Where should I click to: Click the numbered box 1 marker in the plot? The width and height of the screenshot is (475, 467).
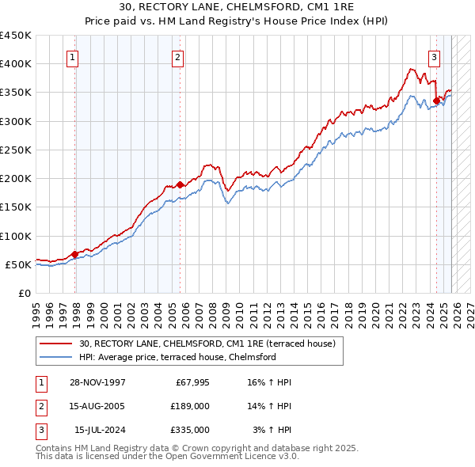72,57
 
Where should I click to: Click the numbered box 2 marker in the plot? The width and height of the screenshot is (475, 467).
178,57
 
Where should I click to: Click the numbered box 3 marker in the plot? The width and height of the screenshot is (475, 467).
435,57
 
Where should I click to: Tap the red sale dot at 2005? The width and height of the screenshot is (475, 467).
180,184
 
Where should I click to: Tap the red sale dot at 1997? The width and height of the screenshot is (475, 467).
75,254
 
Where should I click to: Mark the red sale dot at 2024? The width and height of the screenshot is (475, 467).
436,101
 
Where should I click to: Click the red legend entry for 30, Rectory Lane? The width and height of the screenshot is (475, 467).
207,344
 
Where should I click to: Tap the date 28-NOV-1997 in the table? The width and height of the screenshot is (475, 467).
97,382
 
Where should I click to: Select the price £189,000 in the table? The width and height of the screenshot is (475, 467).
190,406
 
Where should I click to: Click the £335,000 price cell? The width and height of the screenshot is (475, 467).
190,430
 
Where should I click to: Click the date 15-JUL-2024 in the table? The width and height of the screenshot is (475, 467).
97,430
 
